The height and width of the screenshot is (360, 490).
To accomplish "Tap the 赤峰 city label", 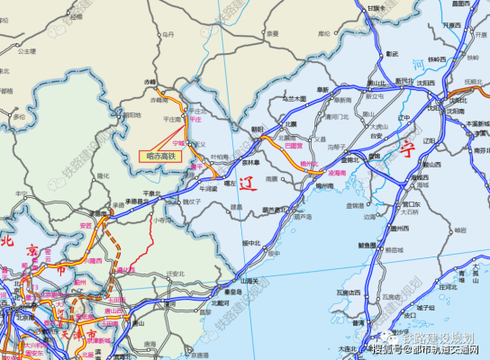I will click(150, 83).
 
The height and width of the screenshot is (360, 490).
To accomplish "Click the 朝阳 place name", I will click(259, 130).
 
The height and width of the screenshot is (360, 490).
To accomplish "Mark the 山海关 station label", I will click(249, 281).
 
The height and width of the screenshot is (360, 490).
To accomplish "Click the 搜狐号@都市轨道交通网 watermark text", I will click(431, 350).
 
